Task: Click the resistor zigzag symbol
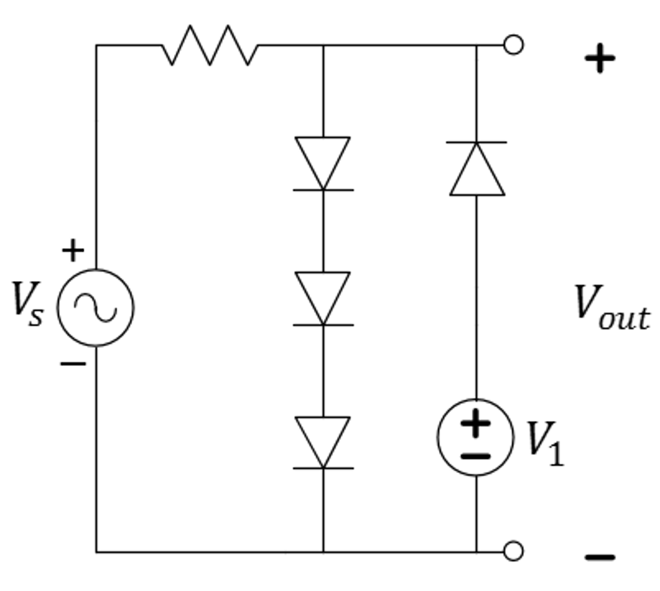(x=209, y=45)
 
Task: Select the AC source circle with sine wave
(x=95, y=307)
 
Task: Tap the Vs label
(x=27, y=303)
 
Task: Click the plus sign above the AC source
(x=73, y=250)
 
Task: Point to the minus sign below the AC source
(x=73, y=364)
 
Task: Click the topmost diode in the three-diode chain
(x=323, y=163)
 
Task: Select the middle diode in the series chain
(x=323, y=298)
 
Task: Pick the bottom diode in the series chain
(x=323, y=442)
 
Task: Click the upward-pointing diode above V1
(x=477, y=168)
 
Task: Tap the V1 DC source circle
(x=476, y=437)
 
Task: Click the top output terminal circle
(x=513, y=45)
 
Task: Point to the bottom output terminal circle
(x=513, y=552)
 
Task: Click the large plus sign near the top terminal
(x=599, y=59)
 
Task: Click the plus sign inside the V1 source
(x=476, y=423)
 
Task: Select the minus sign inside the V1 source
(x=476, y=456)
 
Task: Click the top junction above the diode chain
(x=323, y=45)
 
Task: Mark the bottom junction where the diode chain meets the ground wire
(x=323, y=552)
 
